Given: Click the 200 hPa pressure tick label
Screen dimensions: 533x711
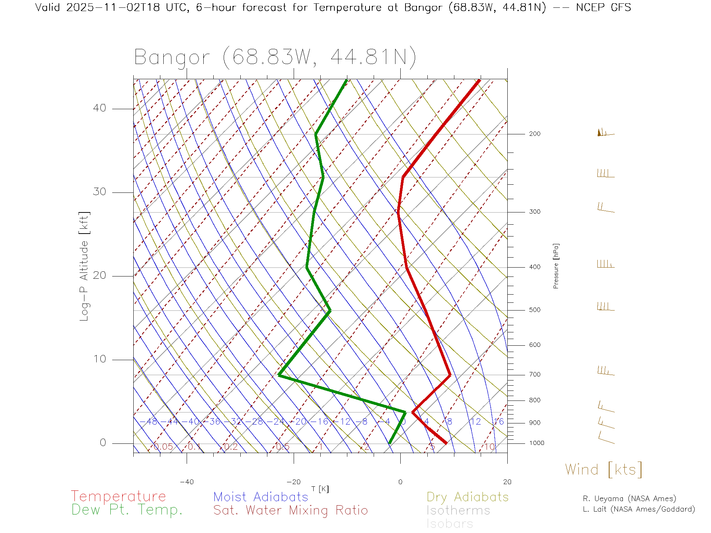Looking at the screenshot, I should coord(534,134).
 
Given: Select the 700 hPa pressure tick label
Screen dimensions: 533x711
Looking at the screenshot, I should coord(534,375).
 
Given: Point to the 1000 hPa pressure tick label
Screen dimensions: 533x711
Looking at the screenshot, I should coord(536,443).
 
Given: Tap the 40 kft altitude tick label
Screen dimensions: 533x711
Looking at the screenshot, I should coord(99,108).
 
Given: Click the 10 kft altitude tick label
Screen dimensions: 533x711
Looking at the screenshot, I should coord(99,359).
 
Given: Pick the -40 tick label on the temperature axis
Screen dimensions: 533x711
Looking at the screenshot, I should coord(187,482).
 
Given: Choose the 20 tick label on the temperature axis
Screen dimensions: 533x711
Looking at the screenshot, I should coord(507,482).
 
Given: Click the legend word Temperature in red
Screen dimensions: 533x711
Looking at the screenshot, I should coord(118,496).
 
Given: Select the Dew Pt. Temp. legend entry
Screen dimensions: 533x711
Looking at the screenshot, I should coord(127,510).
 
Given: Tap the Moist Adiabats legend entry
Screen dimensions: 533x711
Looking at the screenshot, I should coord(261,497).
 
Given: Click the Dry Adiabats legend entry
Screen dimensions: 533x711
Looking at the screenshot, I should coord(467,497).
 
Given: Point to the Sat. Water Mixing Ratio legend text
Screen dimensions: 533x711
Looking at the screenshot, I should coord(290,510).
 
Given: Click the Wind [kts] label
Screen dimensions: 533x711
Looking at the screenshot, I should coord(604,470).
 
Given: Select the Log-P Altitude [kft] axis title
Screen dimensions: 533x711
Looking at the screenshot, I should coord(84,266).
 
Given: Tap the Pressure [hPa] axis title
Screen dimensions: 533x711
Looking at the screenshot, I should coord(556,266).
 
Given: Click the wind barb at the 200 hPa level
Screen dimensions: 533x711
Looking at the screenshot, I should coord(605,133).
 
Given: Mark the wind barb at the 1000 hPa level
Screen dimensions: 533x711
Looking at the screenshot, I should coord(606,439).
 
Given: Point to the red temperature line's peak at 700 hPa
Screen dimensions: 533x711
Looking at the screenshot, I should coord(450,375).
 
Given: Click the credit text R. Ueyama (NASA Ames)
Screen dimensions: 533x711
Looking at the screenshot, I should coord(629,499).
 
